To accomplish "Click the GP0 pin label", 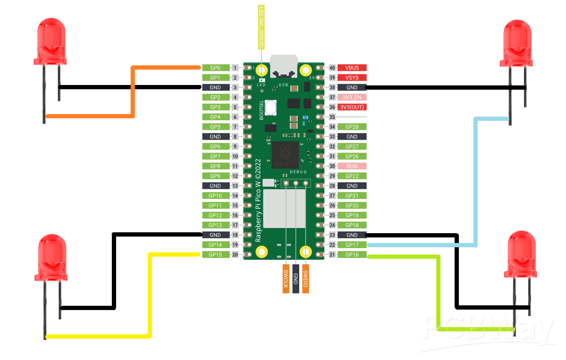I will click(215, 68).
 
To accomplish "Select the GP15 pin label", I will click(215, 255).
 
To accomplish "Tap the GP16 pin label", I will click(352, 255).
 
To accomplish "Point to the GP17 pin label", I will click(352, 245).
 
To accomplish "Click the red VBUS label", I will click(352, 68).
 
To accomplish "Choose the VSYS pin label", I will click(352, 78).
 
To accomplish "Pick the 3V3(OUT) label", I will click(352, 107).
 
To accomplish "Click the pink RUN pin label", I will click(352, 166).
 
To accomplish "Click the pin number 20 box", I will click(235, 255).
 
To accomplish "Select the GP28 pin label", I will click(352, 127).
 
